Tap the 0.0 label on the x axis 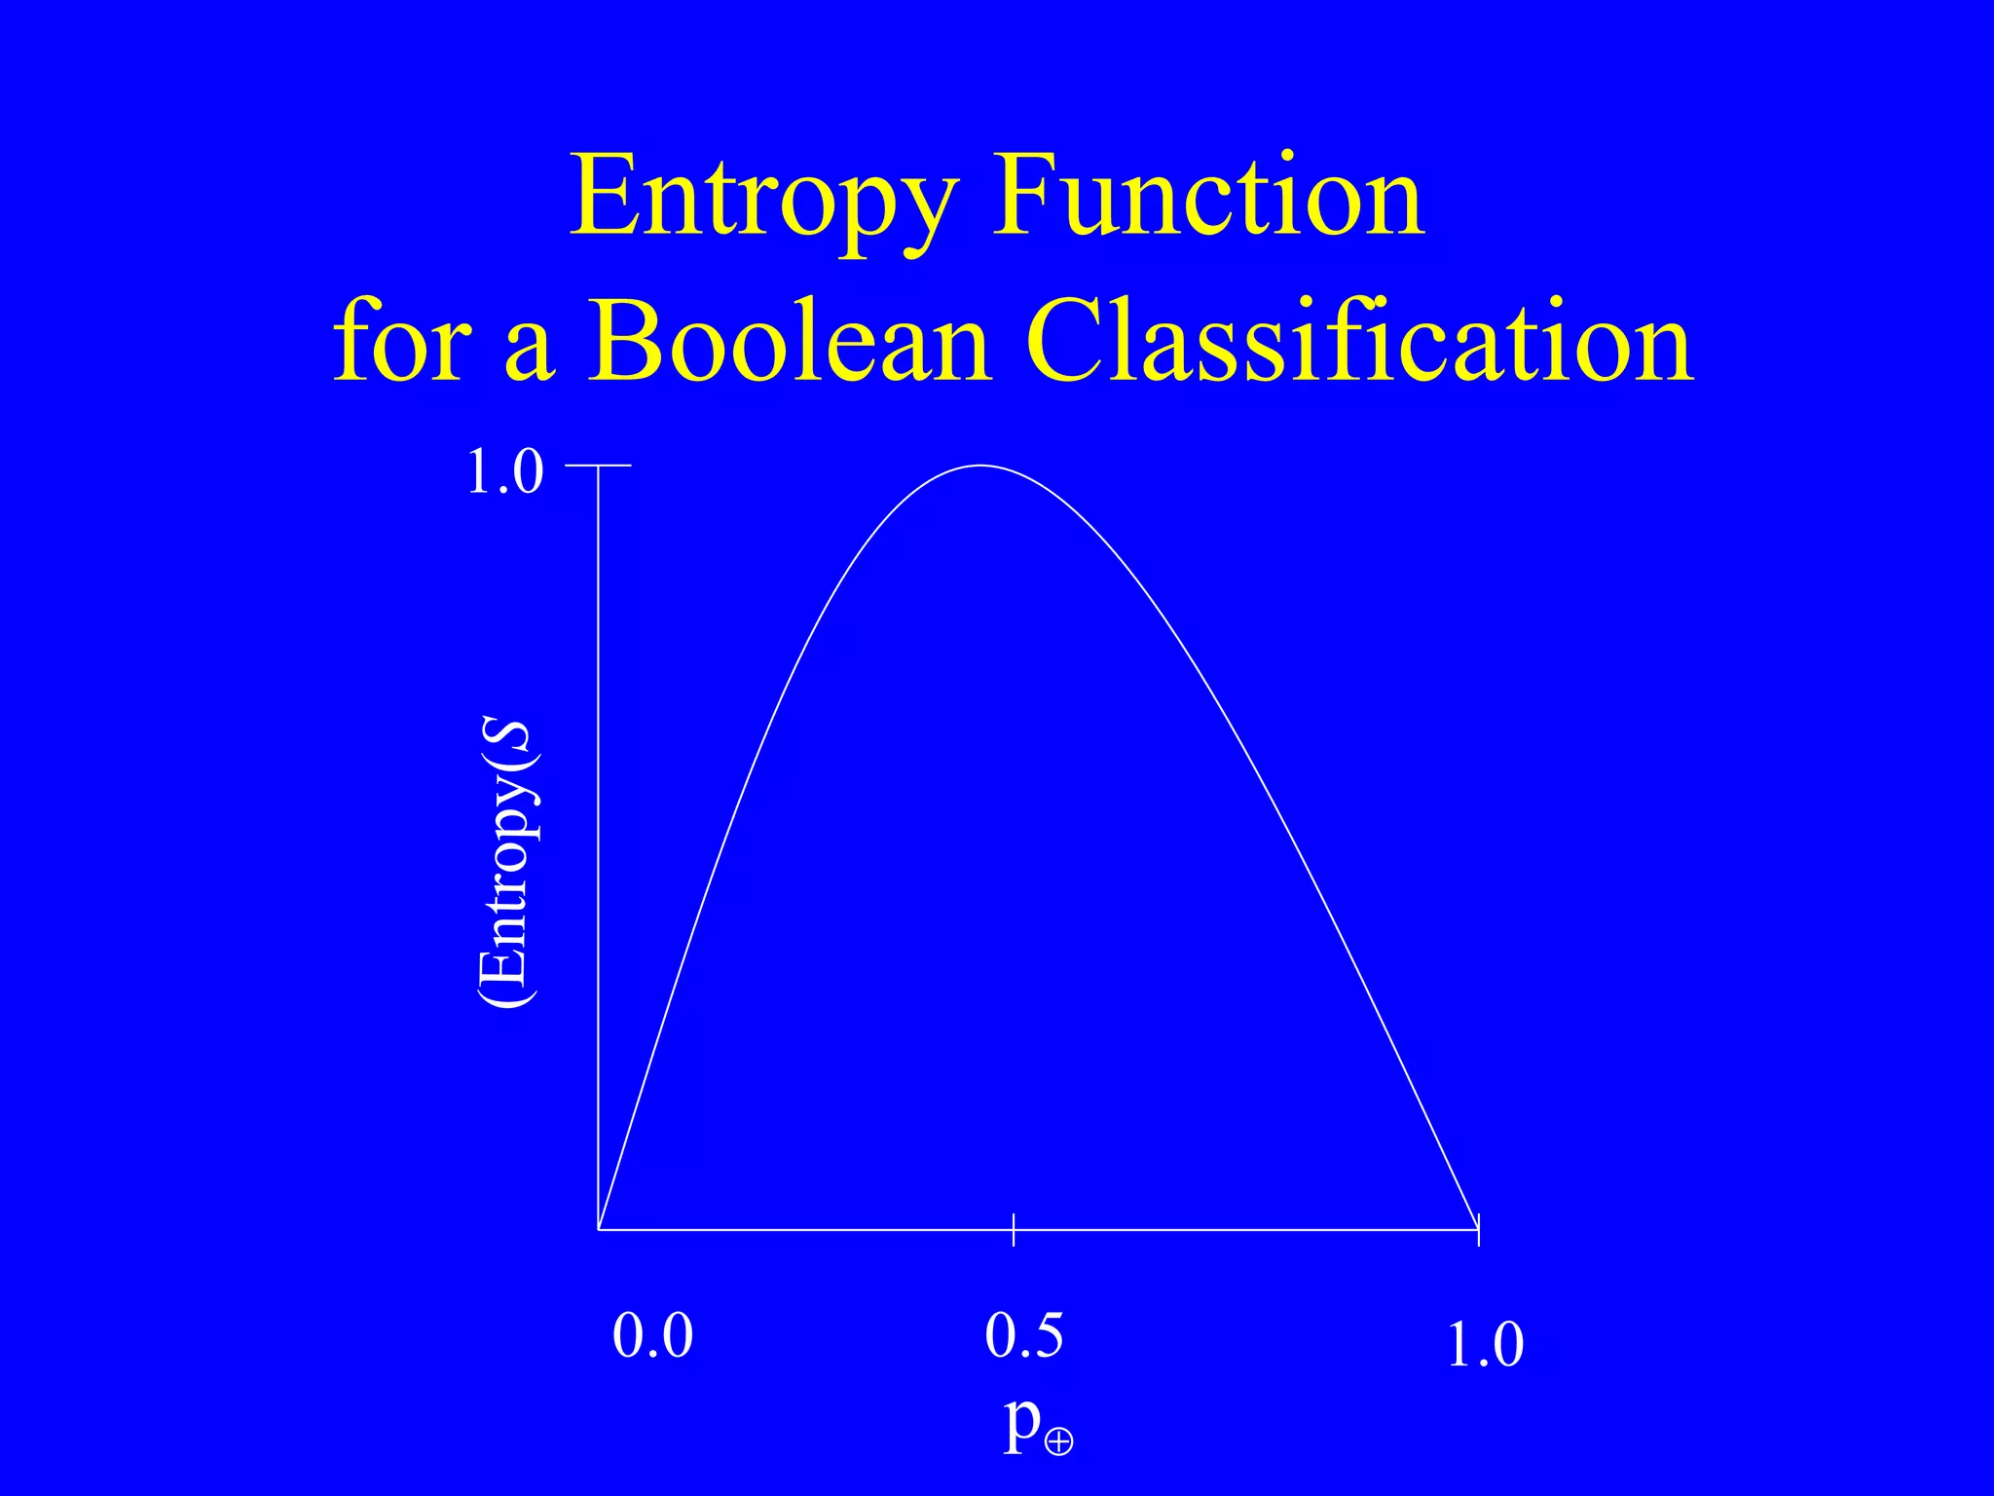pos(652,1335)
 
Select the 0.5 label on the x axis pos(1023,1335)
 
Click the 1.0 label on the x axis pos(1485,1345)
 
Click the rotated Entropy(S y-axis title pos(507,865)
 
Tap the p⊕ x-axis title pos(1038,1426)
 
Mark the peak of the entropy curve pos(980,466)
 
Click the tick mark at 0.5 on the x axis pos(1014,1230)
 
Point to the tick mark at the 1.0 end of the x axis pos(1478,1230)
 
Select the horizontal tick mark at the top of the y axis pos(599,466)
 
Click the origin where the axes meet pos(598,1229)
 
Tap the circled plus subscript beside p pos(1058,1440)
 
